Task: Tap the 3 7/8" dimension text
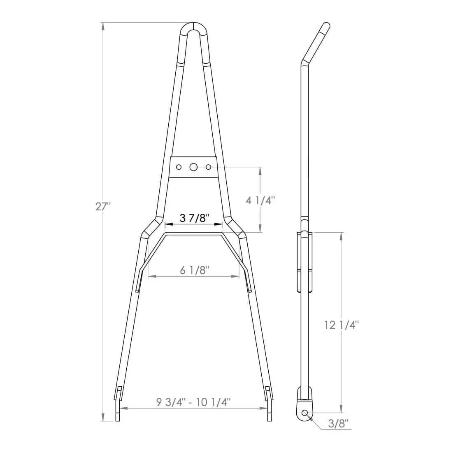click(x=193, y=217)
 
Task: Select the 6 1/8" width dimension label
click(x=195, y=270)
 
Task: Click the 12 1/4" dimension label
click(x=341, y=325)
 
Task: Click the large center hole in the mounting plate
click(x=193, y=167)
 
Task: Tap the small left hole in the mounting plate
click(x=179, y=167)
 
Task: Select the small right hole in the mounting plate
click(x=208, y=167)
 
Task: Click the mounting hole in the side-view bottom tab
click(x=305, y=413)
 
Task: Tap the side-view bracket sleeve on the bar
click(x=304, y=262)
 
